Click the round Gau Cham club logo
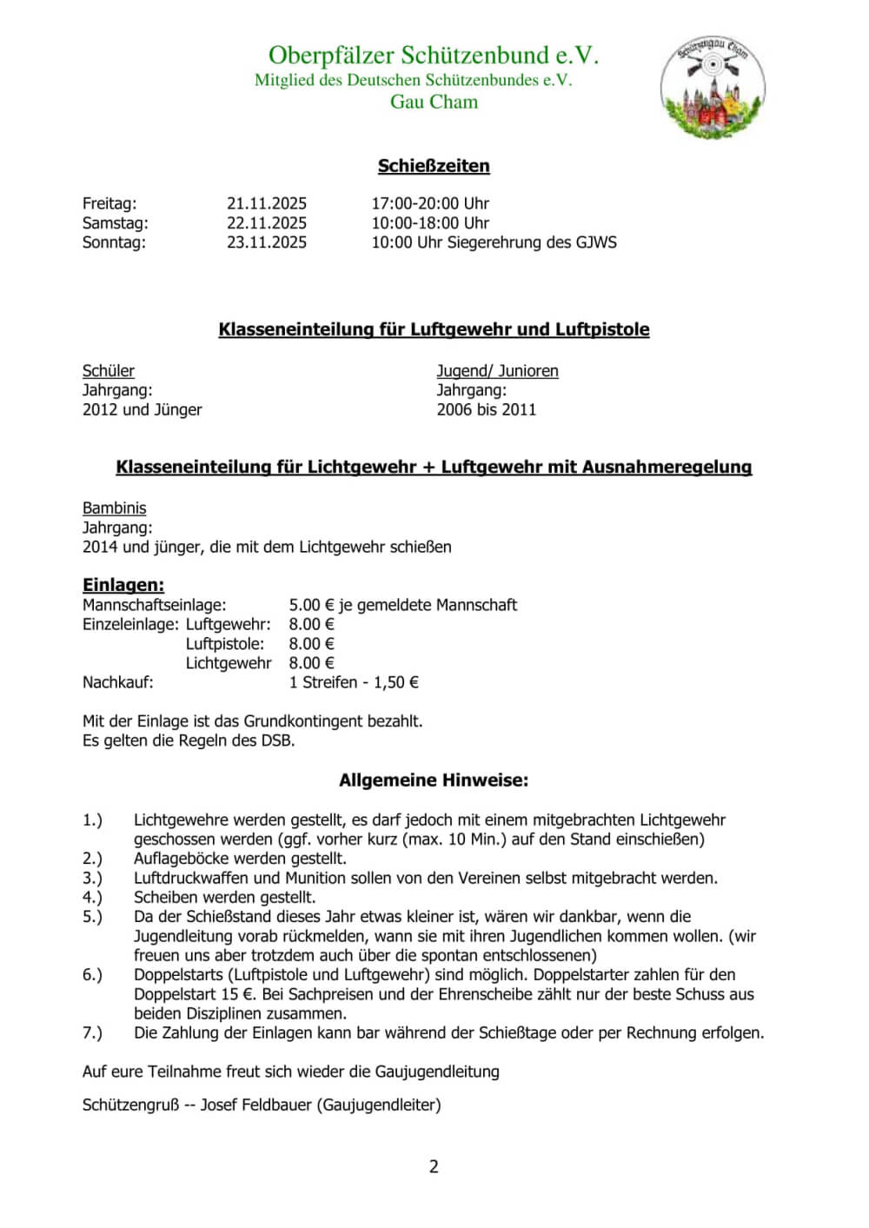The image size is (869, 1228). click(x=713, y=88)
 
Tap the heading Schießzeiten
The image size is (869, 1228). click(x=434, y=166)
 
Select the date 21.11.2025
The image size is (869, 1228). click(x=267, y=203)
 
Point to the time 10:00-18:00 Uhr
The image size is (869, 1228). click(x=430, y=222)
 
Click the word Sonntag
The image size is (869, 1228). click(x=113, y=242)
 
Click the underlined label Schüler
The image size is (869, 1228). click(x=109, y=371)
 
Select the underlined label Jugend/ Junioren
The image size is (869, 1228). click(x=497, y=371)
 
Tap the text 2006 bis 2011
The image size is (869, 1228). click(x=486, y=409)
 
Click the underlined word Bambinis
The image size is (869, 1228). click(x=115, y=508)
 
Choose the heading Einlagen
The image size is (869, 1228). click(x=123, y=585)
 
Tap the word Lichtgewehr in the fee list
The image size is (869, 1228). click(x=229, y=663)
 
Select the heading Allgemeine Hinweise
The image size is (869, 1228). click(x=434, y=780)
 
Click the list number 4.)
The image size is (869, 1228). click(x=92, y=897)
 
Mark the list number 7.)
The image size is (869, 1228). click(x=92, y=1032)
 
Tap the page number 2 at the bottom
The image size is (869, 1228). click(x=434, y=1166)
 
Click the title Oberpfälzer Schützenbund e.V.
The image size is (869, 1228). click(x=434, y=56)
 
